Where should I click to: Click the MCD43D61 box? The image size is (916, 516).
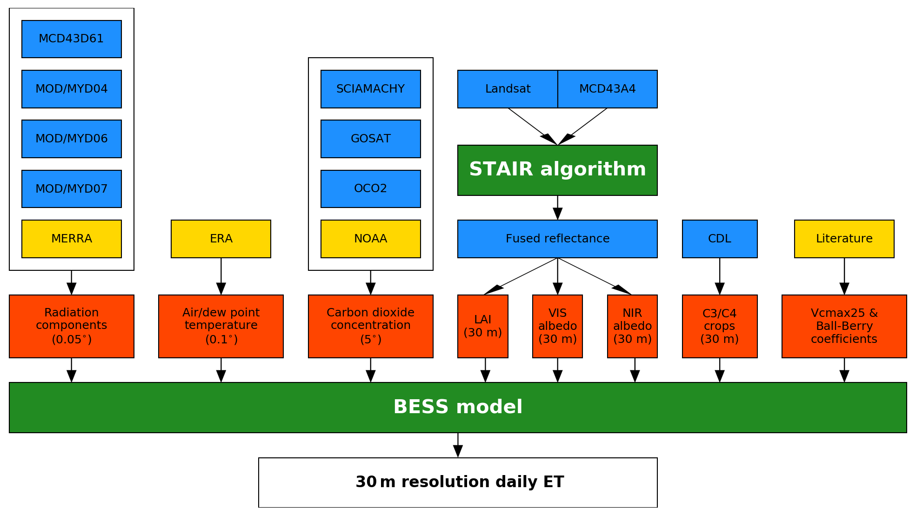72,39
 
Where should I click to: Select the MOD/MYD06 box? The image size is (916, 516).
72,139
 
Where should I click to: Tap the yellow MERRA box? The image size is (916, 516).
72,239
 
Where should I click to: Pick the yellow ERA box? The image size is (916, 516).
221,239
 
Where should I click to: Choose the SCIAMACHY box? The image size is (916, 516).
371,89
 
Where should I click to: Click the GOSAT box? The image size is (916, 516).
371,139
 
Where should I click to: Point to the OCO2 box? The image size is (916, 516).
371,188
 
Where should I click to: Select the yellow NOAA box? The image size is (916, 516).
371,239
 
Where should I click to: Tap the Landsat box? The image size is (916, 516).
508,89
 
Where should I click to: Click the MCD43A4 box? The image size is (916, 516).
608,89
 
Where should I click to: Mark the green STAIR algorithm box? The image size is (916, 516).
557,170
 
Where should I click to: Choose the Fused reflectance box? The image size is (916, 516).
557,239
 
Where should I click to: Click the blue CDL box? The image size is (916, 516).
720,239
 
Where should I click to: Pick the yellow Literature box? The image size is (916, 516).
844,239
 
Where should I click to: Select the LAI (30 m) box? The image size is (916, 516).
483,326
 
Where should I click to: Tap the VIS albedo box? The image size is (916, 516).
557,326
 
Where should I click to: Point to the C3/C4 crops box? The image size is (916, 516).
720,326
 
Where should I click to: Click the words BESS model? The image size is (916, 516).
458,407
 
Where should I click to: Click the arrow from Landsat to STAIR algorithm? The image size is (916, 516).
533,126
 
